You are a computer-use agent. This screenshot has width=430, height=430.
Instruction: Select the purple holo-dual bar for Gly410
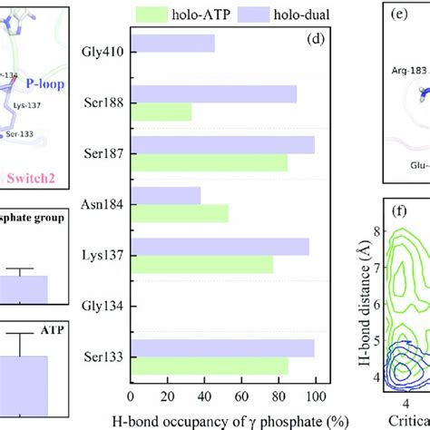pyautogui.click(x=173, y=43)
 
